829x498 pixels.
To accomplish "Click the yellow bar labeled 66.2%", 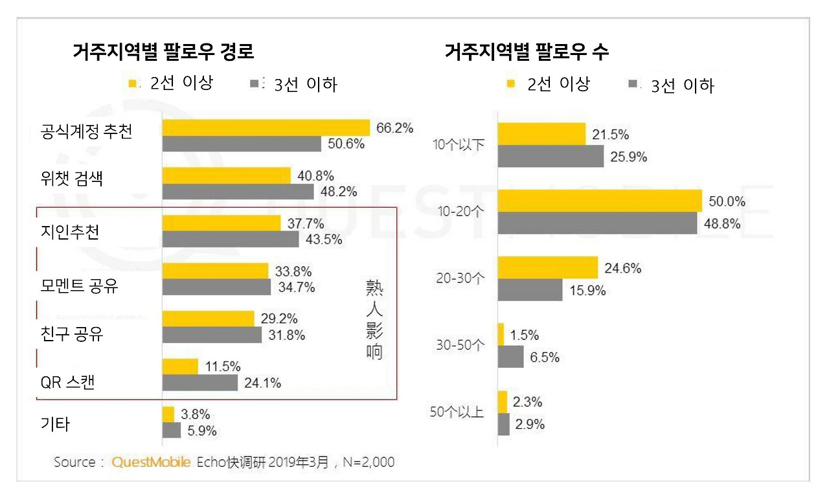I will [266, 128].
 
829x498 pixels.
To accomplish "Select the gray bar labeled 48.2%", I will [238, 192].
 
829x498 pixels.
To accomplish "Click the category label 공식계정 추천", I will [86, 133].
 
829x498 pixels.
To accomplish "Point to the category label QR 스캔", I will [67, 382].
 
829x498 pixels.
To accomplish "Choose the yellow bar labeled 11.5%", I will [180, 367].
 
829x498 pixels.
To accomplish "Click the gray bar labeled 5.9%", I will [172, 431].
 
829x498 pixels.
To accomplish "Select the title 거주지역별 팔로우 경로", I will [163, 51].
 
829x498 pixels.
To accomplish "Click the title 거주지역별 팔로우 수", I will [527, 52].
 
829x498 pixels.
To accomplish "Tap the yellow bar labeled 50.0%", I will [600, 201].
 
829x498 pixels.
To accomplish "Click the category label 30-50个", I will [459, 345].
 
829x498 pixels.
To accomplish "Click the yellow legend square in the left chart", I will [133, 83].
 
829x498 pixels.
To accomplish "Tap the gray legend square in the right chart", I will [633, 84].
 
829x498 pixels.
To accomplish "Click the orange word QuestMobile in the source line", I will [151, 462].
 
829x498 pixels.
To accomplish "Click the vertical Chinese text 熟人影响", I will [374, 321].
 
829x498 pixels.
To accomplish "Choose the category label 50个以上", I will [457, 412].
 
